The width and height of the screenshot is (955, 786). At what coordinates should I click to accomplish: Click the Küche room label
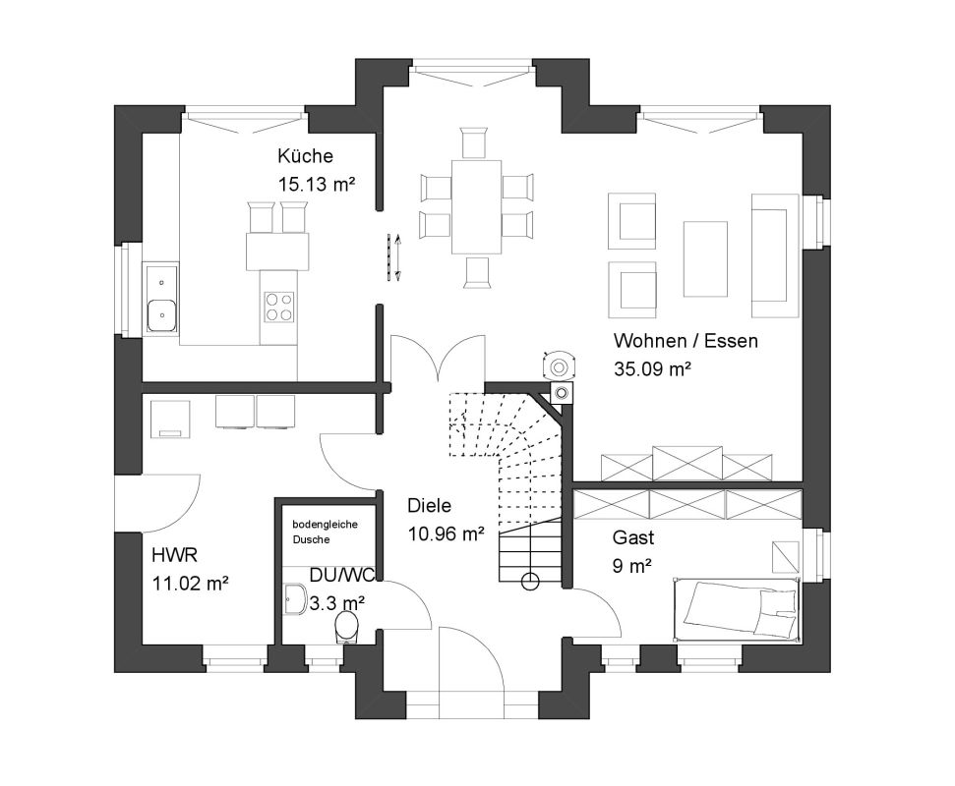click(305, 156)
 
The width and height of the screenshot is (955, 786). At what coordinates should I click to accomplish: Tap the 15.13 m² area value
click(316, 183)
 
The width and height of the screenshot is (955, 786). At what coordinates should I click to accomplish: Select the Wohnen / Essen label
click(686, 341)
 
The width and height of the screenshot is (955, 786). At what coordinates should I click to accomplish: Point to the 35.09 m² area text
click(652, 368)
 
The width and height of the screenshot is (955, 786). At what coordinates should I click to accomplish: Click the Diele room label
click(430, 506)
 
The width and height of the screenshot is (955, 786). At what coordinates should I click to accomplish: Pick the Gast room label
click(633, 537)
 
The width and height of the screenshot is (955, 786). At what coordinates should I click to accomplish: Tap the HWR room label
click(174, 555)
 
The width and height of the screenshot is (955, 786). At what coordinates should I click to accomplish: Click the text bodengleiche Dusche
click(325, 532)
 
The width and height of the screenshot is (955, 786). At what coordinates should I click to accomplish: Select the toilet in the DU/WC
click(347, 627)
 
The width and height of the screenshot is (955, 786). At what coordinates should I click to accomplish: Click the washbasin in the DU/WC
click(295, 600)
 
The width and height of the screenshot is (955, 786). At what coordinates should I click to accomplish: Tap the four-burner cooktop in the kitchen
click(279, 307)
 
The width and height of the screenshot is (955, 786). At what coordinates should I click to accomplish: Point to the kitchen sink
click(160, 299)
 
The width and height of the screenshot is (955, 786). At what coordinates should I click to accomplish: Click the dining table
click(476, 207)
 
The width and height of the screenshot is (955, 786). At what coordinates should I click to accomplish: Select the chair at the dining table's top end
click(474, 143)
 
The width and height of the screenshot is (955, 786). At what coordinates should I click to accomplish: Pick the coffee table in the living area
click(705, 258)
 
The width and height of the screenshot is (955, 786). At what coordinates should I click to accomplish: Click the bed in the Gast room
click(737, 609)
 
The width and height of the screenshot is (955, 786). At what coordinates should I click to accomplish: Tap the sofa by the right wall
click(775, 255)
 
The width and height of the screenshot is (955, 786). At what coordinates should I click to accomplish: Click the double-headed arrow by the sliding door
click(397, 257)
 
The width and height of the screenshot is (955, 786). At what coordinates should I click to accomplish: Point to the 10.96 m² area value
click(446, 534)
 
